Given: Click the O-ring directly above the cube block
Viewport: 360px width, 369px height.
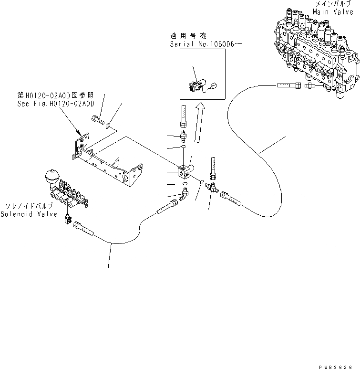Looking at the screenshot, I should pos(184,149).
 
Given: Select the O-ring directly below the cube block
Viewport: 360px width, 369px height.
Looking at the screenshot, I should pos(184,183).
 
